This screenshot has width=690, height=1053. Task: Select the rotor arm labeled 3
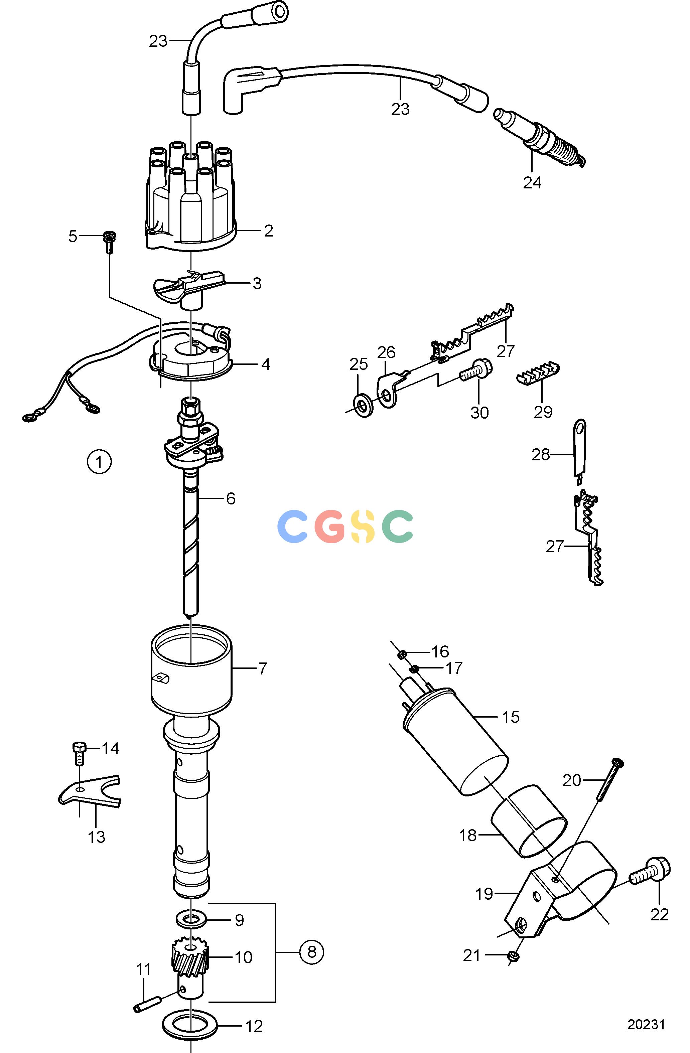[x=188, y=289]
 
